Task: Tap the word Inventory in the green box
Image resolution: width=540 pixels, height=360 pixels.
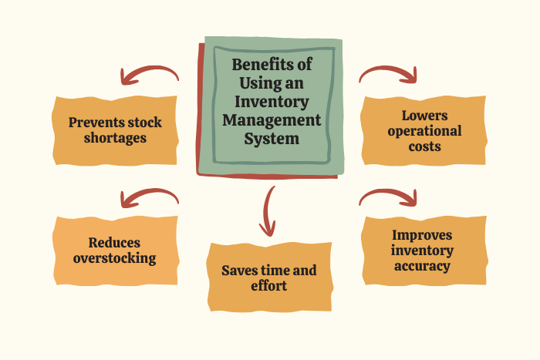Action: [272, 102]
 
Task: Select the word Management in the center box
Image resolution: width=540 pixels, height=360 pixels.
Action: [272, 120]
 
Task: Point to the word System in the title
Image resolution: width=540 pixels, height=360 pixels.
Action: [272, 139]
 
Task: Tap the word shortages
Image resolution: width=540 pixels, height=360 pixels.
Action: [115, 138]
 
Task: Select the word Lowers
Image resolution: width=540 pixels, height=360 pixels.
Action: [424, 116]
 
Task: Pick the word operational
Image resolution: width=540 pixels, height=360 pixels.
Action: [424, 132]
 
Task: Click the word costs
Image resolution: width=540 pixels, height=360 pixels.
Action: [424, 146]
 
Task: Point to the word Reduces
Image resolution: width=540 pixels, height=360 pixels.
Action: [114, 243]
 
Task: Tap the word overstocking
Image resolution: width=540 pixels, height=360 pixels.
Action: [115, 258]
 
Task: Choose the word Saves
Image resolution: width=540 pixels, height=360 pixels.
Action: [238, 271]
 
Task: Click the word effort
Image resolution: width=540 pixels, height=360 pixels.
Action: [269, 286]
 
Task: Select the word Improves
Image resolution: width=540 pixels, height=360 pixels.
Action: [422, 235]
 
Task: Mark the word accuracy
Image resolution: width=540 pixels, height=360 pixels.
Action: [422, 266]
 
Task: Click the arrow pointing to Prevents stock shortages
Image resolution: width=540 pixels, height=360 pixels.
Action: [148, 69]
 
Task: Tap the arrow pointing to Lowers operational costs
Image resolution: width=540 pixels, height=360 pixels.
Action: [389, 69]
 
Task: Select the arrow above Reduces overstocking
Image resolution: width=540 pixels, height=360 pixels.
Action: [148, 191]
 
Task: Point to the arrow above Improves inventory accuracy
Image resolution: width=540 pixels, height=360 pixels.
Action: [389, 191]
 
